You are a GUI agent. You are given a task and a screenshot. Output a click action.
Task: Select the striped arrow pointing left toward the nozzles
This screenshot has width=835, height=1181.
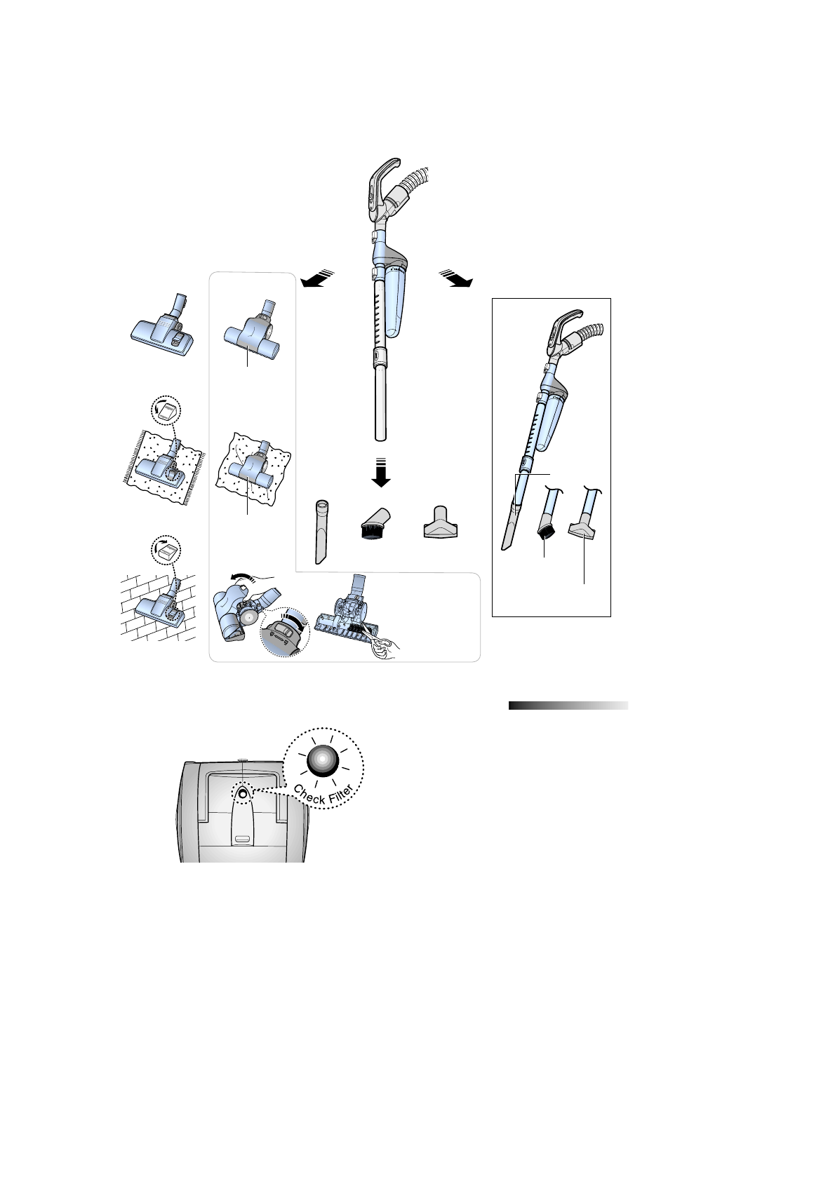(315, 279)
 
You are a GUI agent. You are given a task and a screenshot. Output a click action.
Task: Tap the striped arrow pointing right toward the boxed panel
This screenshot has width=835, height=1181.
(456, 278)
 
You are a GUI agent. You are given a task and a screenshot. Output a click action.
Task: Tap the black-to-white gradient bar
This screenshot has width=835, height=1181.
(568, 706)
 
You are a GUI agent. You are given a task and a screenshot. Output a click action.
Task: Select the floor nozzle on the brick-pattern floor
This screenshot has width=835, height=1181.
(160, 607)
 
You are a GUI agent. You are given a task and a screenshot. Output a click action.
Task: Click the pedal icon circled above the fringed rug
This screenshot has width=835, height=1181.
(166, 410)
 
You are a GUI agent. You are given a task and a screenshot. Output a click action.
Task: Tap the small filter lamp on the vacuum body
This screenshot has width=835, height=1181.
(242, 794)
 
